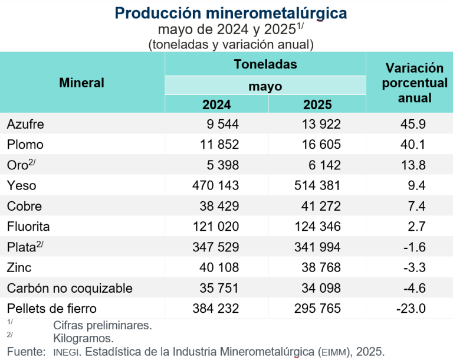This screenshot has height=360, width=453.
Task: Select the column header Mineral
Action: [x=81, y=83]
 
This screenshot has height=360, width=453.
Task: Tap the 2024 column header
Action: [x=216, y=104]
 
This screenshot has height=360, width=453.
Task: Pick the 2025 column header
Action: [x=317, y=104]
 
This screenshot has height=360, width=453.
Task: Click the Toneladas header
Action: [x=265, y=64]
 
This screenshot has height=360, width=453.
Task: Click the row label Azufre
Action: [x=25, y=124]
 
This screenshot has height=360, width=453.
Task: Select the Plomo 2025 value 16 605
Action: [x=317, y=145]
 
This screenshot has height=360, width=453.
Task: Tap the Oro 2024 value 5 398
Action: [x=220, y=165]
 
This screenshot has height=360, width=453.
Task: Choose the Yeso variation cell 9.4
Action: [x=416, y=186]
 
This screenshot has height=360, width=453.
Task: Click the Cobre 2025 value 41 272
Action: [x=317, y=207]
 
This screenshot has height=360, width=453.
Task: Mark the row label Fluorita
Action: [x=28, y=227]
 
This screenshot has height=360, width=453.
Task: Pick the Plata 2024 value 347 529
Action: [x=216, y=247]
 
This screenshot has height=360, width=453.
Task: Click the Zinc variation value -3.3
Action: [x=414, y=267]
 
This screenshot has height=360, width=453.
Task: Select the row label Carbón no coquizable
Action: [x=70, y=288]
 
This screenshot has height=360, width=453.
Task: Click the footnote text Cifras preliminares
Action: [x=102, y=325]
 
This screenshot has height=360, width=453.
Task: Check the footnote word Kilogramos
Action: [x=83, y=338]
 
